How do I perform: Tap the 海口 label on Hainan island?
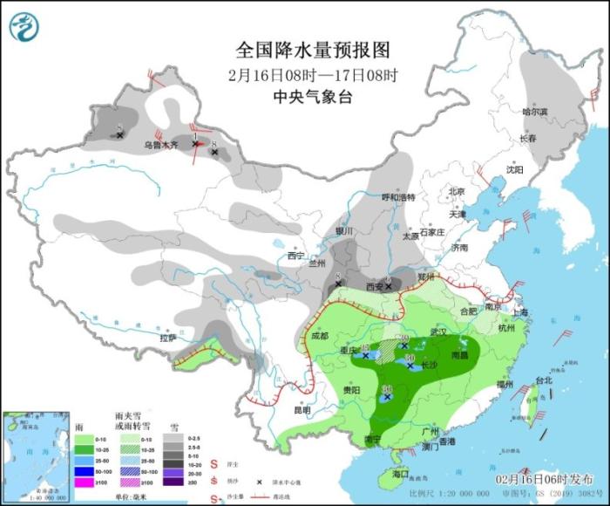pyautogui.click(x=401, y=474)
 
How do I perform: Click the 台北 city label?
pyautogui.click(x=544, y=381)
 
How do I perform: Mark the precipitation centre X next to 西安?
pyautogui.click(x=389, y=285)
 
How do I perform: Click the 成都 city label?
pyautogui.click(x=320, y=336)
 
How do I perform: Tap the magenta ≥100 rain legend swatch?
pyautogui.click(x=84, y=482)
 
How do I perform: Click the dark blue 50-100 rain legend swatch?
pyautogui.click(x=84, y=471)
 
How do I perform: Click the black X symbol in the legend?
pyautogui.click(x=259, y=482)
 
